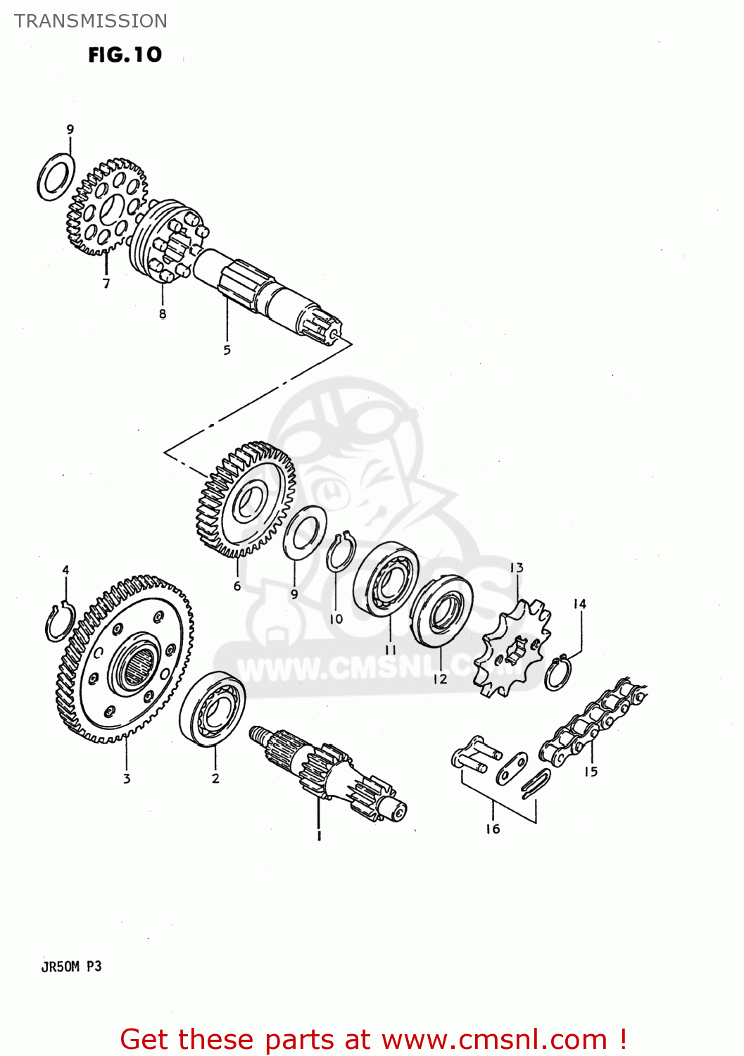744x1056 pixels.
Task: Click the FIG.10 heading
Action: point(125,55)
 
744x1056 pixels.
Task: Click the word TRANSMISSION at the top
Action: point(91,21)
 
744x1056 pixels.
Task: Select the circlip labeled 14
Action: point(559,673)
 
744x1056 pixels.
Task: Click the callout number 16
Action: point(493,829)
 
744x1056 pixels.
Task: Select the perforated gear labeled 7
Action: point(107,206)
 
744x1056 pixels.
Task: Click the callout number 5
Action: point(227,350)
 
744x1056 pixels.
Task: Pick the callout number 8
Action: point(163,314)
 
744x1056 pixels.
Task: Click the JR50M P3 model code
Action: point(71,967)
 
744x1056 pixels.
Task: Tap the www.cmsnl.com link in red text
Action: point(494,1039)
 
